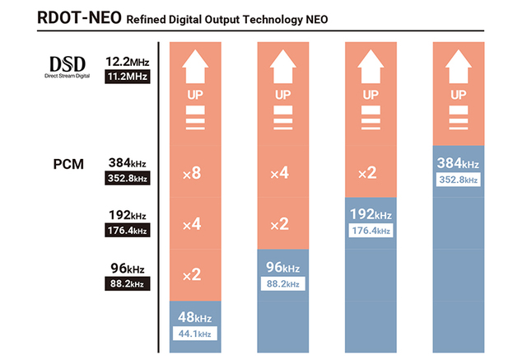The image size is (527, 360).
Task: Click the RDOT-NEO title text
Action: tap(78, 18)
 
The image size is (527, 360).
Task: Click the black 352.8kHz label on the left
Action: tap(128, 178)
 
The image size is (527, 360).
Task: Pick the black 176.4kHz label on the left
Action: tap(128, 231)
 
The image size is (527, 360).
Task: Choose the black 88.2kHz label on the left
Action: tap(128, 284)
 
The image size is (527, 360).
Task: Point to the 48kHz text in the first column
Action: tap(195, 317)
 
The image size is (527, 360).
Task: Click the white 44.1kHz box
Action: tap(195, 334)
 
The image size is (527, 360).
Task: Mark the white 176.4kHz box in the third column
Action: tap(372, 230)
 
